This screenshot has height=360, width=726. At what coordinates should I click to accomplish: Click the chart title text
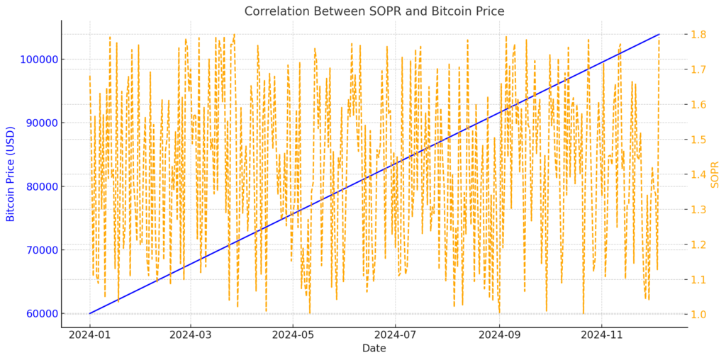pos(374,11)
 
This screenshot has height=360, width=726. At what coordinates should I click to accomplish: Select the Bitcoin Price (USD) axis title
pos(11,174)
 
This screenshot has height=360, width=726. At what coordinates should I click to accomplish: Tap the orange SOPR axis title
pos(715,174)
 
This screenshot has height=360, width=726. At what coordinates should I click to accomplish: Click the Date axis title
pos(374,348)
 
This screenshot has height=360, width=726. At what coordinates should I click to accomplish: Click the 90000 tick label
pos(40,123)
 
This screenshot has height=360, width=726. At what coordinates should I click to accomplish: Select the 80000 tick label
pos(40,186)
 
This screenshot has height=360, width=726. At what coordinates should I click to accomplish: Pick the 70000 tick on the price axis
pos(40,249)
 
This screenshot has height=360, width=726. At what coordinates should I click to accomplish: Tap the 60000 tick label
pos(40,313)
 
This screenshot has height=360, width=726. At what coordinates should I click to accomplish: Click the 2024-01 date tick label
pos(90,332)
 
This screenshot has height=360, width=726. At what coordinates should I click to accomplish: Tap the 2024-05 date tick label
pos(293,332)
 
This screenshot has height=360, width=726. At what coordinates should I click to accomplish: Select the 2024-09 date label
pos(500,332)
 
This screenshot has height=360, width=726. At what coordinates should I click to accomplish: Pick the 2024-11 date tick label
pos(602,332)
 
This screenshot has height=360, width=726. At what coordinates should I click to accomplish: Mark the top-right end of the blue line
pos(659,34)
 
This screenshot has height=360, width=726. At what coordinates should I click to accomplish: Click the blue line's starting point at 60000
pos(90,313)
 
